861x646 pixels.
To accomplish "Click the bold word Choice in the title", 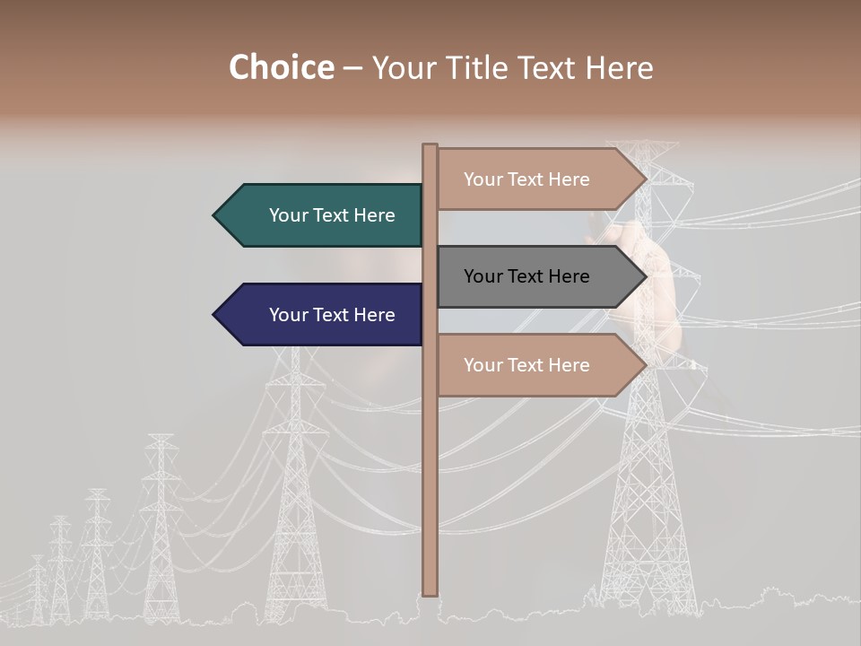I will pyautogui.click(x=281, y=67).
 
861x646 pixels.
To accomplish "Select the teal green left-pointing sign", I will pyautogui.click(x=323, y=215).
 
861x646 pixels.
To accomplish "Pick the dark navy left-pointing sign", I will pyautogui.click(x=323, y=315).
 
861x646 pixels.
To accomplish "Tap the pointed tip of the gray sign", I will pyautogui.click(x=645, y=276).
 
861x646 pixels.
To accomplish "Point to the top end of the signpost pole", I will pyautogui.click(x=430, y=146).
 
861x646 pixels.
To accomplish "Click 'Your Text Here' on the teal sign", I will pyautogui.click(x=332, y=215).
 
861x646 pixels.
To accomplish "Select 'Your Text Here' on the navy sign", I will pyautogui.click(x=332, y=315).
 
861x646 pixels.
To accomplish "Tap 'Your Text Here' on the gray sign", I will pyautogui.click(x=526, y=276).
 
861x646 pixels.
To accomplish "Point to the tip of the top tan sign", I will pyautogui.click(x=645, y=179).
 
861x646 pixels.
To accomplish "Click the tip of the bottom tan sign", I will pyautogui.click(x=645, y=365).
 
